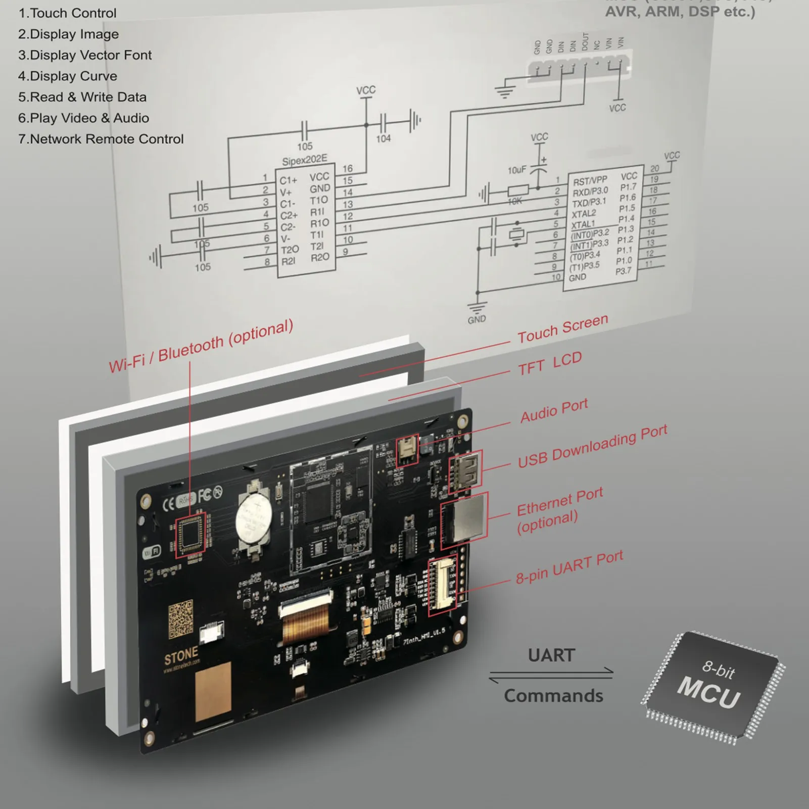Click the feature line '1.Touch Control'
pos(67,13)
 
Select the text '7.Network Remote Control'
pos(101,139)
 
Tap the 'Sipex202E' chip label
pos(304,160)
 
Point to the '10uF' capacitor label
pos(516,170)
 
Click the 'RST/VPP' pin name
pos(589,181)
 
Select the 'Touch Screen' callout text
pos(562,329)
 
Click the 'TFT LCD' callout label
pos(550,363)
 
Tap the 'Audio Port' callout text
pos(554,410)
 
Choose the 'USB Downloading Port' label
pos(592,446)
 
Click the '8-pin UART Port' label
pos(569,567)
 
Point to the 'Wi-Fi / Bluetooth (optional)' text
pos(201,346)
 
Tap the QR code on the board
pos(180,618)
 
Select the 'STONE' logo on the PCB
pos(181,656)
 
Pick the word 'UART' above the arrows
pos(551,655)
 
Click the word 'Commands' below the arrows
pos(553,696)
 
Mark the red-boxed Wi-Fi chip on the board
pos(191,535)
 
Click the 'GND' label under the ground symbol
pos(477,319)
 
